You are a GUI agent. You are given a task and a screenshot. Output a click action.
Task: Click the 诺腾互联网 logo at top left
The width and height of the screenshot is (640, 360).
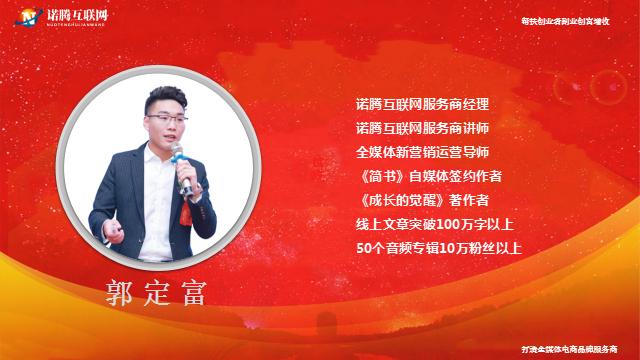click(x=51, y=17)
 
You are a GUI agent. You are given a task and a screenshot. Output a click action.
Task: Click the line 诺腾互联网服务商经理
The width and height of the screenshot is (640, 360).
click(x=421, y=103)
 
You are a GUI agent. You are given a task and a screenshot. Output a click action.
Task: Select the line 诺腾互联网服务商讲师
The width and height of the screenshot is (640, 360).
click(x=421, y=127)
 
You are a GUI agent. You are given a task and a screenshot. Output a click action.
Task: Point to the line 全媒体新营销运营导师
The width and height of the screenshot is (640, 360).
click(x=421, y=151)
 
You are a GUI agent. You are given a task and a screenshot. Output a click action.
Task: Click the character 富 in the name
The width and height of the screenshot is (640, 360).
click(x=198, y=296)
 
